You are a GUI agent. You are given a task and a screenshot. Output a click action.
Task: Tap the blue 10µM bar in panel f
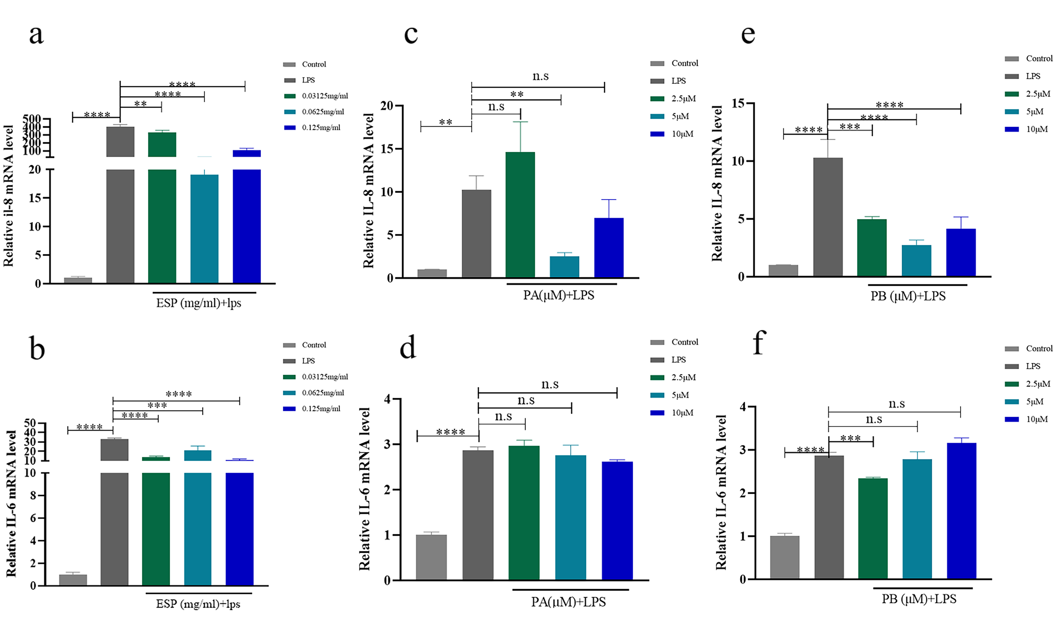pos(961,511)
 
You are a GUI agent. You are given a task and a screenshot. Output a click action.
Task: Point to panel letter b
pos(37,348)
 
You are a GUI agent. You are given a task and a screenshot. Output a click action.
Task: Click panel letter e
pos(748,34)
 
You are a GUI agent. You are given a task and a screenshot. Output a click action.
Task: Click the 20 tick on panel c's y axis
pos(387,106)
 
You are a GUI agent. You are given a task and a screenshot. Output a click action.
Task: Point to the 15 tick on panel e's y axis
pos(738,103)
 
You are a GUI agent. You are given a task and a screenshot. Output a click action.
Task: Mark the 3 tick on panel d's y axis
pos(388,445)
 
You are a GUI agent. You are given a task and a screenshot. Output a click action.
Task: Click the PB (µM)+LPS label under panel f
pos(919,599)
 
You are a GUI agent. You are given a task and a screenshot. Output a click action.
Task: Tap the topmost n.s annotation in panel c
pos(541,76)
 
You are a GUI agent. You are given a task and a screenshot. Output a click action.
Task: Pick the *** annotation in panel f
pos(850,438)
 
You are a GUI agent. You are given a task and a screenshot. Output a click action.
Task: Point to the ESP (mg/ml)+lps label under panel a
pos(198,303)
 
